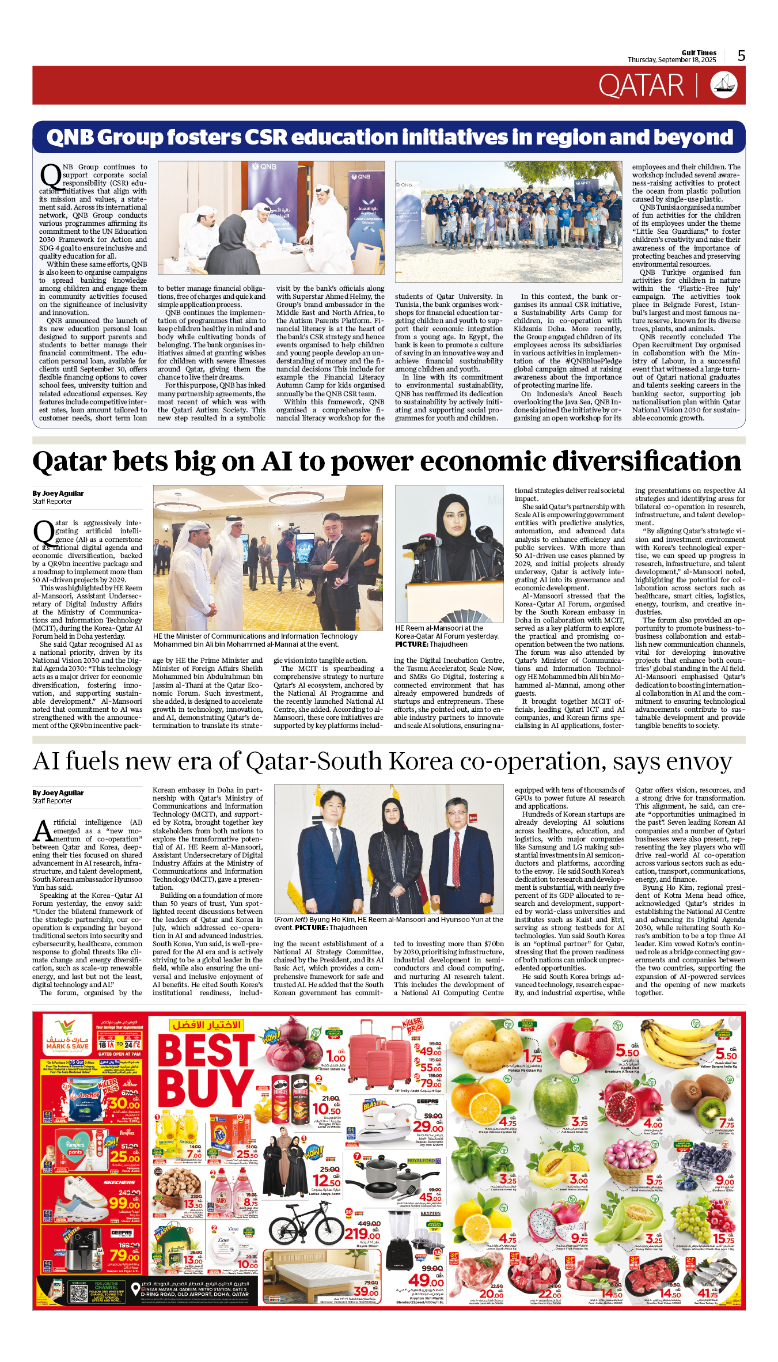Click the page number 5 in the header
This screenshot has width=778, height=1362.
tap(741, 56)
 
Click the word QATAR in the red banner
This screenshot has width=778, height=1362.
tap(640, 86)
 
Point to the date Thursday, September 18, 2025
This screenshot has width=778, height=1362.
tap(671, 60)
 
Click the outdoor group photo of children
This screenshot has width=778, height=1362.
tap(508, 222)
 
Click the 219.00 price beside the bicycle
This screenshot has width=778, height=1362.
tap(362, 1234)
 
